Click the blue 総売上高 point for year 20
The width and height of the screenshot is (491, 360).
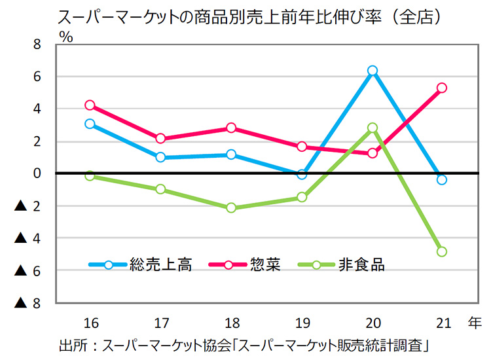coord(373,71)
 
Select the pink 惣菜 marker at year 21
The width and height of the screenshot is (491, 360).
coord(442,88)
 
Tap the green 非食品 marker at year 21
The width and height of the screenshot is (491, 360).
coord(442,251)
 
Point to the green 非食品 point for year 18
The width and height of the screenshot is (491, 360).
coord(231,208)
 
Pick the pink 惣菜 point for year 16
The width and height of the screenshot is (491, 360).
coord(90,105)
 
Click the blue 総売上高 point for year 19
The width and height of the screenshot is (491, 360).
coord(302,175)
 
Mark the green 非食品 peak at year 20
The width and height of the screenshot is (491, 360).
coord(373,128)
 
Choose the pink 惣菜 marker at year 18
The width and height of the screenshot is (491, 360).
coord(231,128)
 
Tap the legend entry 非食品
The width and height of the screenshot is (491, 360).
coord(361,265)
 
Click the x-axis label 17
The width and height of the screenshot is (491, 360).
coord(160,323)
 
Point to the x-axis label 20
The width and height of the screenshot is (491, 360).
coord(373,323)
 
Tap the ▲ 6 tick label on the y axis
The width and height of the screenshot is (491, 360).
coord(29,270)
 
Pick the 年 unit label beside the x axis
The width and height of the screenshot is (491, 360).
coord(474,323)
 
